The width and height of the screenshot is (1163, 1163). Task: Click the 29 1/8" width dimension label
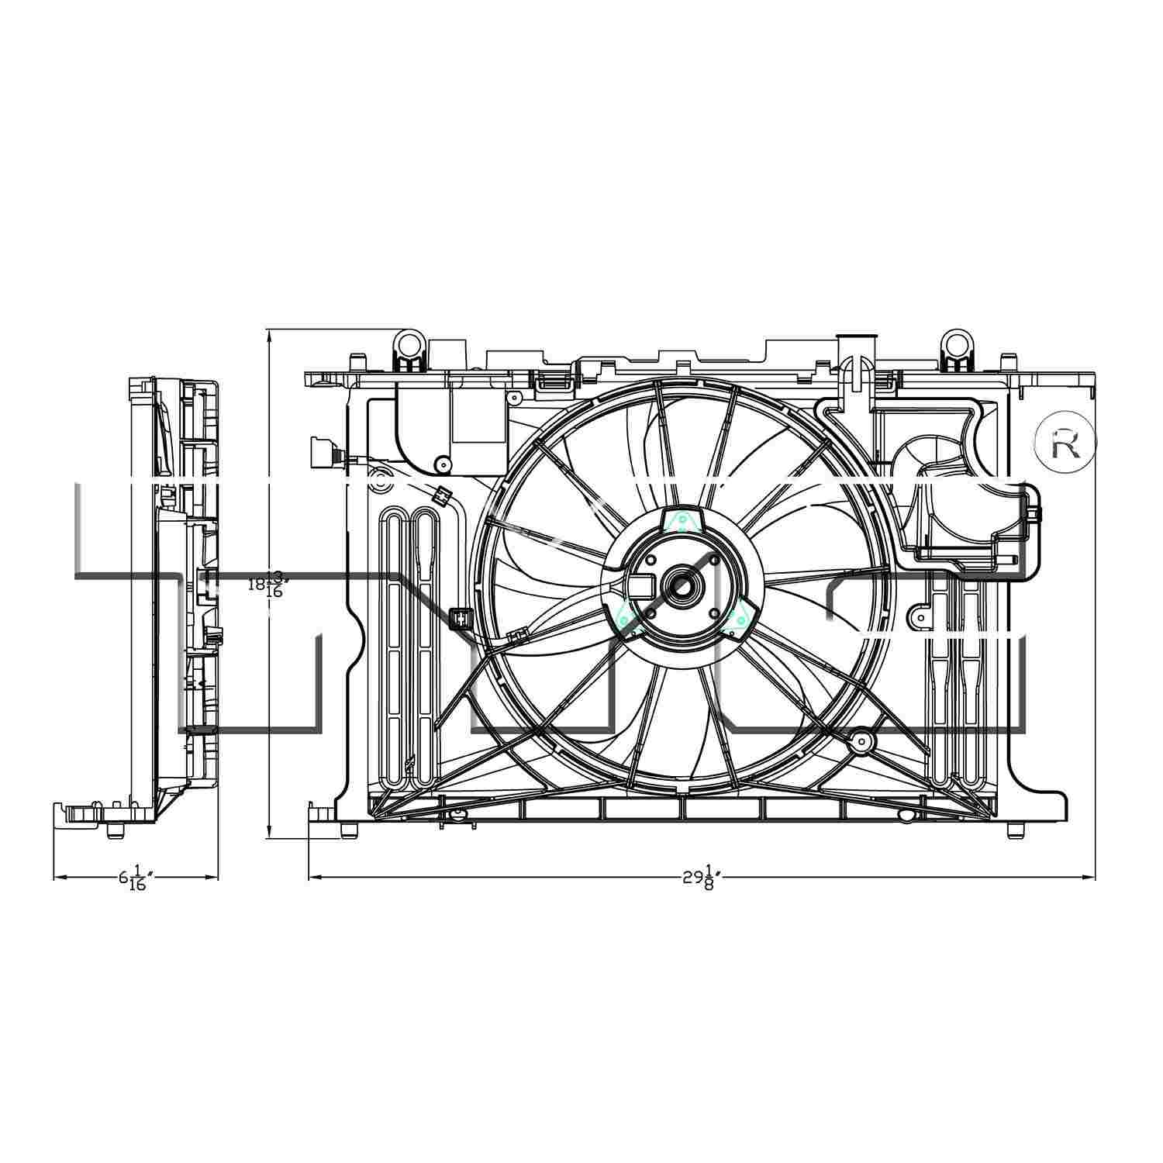(x=702, y=878)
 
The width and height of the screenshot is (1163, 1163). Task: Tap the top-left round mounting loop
(x=409, y=341)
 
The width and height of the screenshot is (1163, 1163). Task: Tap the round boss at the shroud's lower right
(x=861, y=741)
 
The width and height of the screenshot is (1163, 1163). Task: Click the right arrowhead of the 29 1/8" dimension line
(x=1089, y=878)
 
